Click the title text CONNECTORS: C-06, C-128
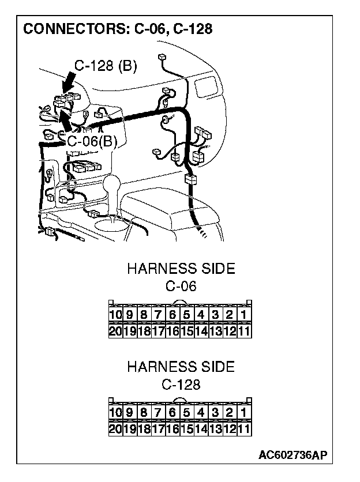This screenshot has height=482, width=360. (x=118, y=28)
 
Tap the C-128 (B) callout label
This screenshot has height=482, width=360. (x=106, y=67)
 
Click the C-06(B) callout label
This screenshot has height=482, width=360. (x=92, y=141)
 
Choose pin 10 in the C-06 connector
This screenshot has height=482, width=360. (x=115, y=315)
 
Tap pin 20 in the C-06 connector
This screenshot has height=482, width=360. (x=115, y=331)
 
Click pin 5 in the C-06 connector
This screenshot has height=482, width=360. (x=187, y=315)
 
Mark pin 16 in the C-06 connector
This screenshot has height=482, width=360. (x=172, y=331)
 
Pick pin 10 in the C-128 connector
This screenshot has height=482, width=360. (x=115, y=413)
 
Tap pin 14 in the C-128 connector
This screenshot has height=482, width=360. (x=201, y=429)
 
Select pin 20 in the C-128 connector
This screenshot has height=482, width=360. (x=115, y=429)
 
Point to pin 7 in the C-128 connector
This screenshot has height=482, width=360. (x=159, y=413)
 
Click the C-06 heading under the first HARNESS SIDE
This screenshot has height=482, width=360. (x=181, y=286)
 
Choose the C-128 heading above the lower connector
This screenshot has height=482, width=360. (x=181, y=384)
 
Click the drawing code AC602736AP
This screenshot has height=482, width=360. (x=293, y=455)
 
